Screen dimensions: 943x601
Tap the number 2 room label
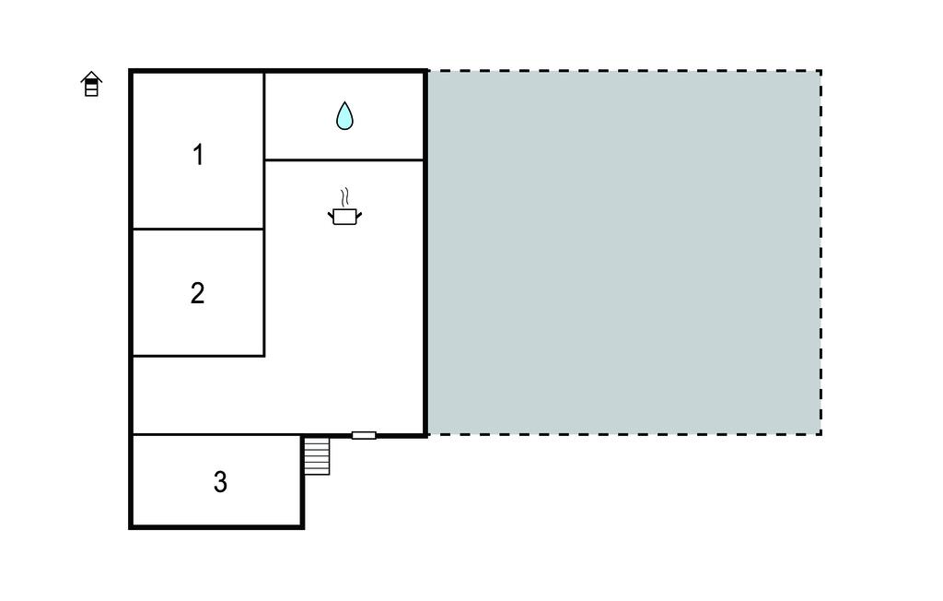197,293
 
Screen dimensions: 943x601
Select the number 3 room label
220,482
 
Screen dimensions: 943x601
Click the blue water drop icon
344,115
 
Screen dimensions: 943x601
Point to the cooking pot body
344,217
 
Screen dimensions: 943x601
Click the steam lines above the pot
344,197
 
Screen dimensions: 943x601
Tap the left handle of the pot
331,213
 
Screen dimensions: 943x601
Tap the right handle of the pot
359,213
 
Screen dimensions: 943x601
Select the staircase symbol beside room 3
317,456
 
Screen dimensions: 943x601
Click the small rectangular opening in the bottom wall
364,435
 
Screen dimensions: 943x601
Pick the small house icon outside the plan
91,84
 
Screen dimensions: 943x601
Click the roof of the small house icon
91,76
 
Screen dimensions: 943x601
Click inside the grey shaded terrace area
623,253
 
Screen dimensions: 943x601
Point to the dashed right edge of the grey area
821,253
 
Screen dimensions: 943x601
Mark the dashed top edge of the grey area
624,71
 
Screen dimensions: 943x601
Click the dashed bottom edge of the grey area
624,433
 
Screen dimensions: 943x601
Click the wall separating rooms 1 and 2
198,229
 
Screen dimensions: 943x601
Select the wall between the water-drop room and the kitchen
344,160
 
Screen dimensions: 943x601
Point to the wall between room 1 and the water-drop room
264,116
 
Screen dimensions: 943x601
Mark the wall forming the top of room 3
216,434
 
